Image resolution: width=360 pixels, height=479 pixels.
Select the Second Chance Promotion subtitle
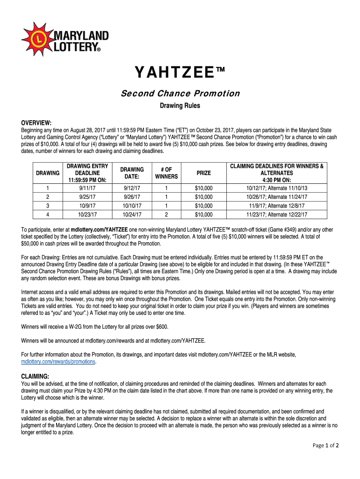[180, 94]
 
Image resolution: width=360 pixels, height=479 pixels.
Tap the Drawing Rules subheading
[180, 106]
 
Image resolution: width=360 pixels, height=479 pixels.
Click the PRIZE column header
[203, 173]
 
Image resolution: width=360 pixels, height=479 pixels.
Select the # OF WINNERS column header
[166, 173]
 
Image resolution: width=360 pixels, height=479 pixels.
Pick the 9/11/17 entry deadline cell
[88, 188]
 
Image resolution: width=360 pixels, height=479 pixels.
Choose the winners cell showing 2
[166, 215]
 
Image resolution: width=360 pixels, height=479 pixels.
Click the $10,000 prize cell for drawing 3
[203, 206]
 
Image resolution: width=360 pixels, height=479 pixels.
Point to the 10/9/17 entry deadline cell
[88, 206]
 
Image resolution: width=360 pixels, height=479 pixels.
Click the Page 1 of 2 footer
[325, 445]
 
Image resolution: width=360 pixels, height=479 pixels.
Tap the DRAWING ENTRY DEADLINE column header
[88, 173]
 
